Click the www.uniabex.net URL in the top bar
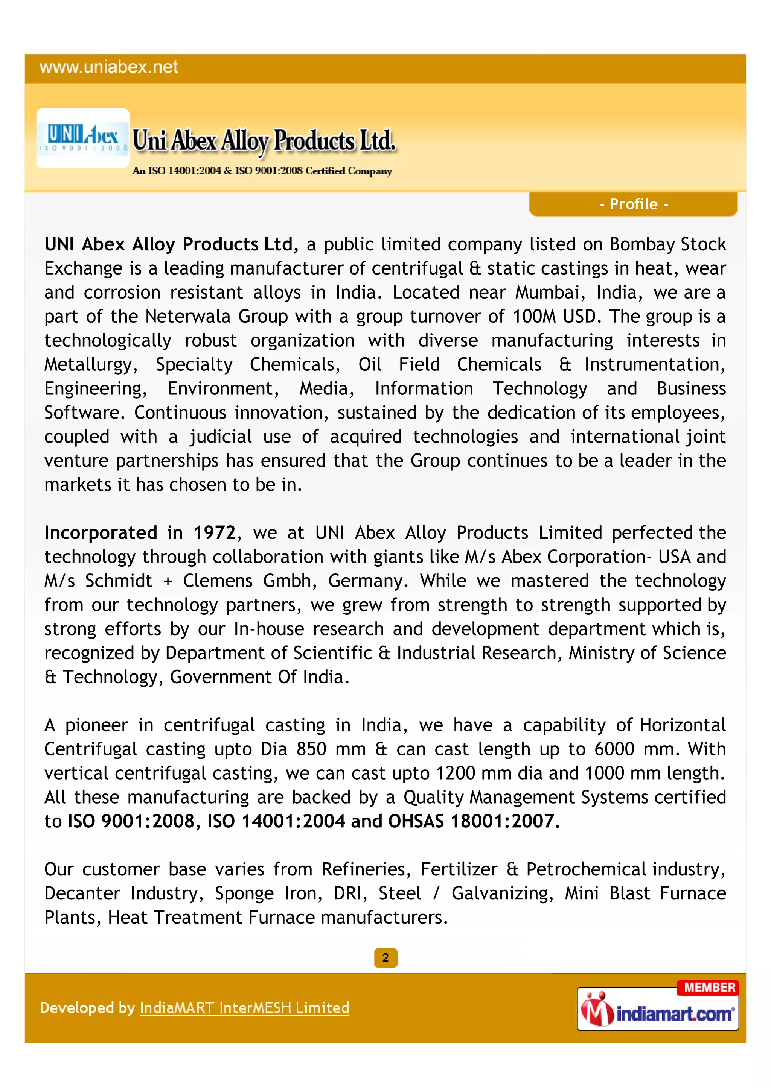coord(109,67)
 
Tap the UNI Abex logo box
coord(83,138)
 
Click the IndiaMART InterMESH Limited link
coord(244,1007)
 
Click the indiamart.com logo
coord(658,1013)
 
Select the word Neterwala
coord(187,316)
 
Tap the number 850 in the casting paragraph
coord(311,749)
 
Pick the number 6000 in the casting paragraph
coord(614,749)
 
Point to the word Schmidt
coord(119,581)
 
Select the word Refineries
coord(364,869)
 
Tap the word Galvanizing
coord(500,893)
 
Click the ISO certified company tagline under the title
coord(262,171)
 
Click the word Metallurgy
coord(89,365)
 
